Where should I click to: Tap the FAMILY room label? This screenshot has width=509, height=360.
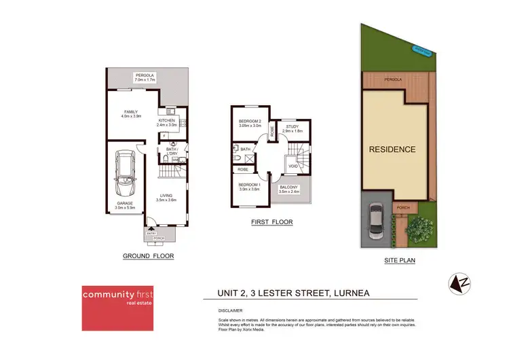131,114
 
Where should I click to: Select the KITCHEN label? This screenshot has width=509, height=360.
166,122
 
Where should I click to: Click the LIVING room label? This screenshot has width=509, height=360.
167,197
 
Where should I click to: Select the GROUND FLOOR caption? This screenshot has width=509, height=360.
148,256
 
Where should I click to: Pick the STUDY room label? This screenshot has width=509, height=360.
293,126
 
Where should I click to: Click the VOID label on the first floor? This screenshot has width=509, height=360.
293,165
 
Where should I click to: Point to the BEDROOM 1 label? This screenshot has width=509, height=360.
249,186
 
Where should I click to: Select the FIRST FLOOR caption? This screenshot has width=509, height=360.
271,221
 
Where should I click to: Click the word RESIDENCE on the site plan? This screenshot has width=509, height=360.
392,148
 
